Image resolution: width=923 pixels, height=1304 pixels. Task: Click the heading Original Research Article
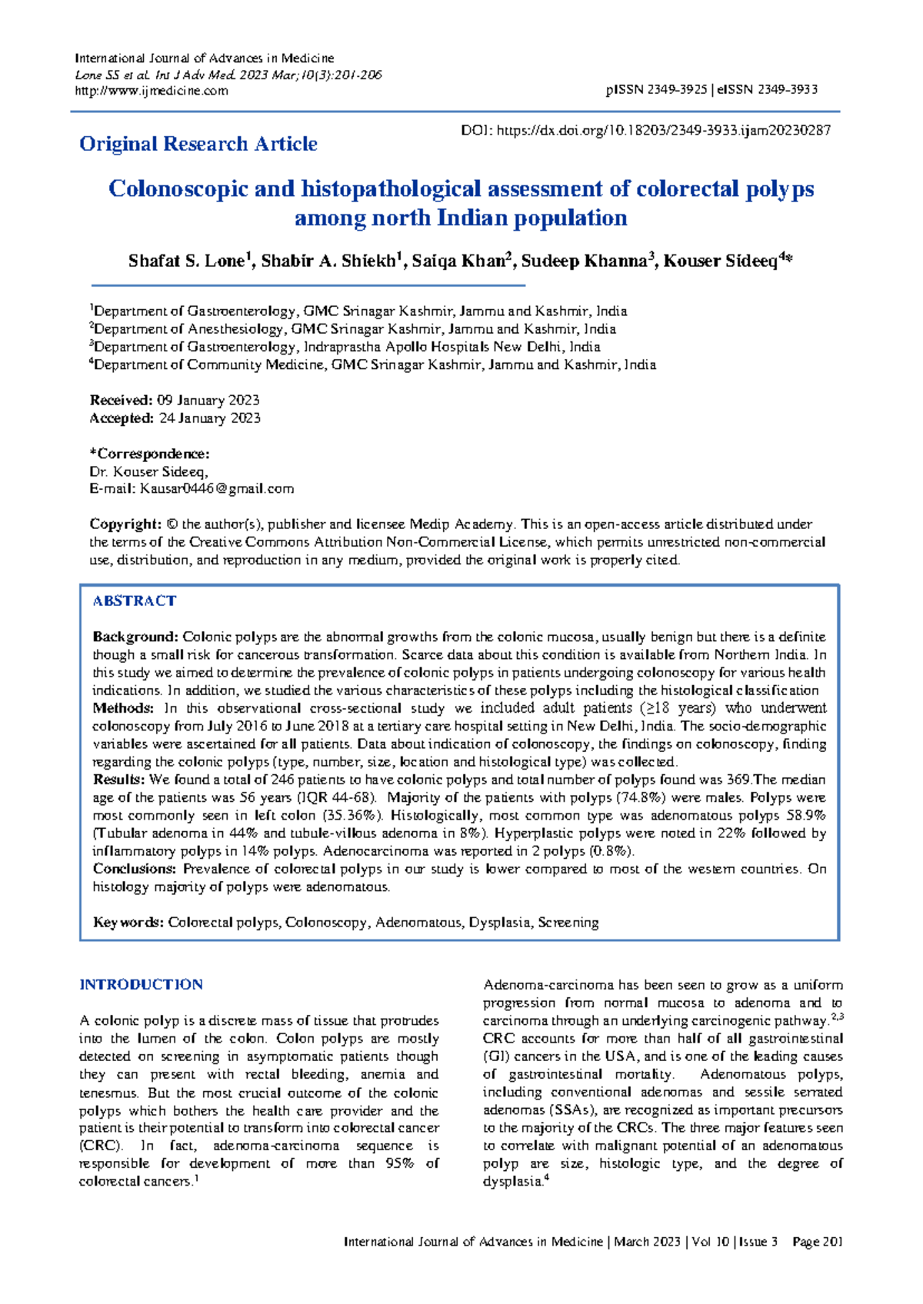(x=198, y=144)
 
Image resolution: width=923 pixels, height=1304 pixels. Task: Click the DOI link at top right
(x=663, y=131)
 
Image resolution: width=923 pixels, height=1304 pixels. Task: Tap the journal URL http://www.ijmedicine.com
(x=151, y=91)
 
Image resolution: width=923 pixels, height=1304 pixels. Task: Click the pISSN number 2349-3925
(x=676, y=90)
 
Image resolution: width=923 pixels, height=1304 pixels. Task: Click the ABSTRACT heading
(x=135, y=601)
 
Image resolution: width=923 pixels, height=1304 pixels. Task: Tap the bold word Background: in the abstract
(x=135, y=637)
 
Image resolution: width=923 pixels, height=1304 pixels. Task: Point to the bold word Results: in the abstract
(x=119, y=780)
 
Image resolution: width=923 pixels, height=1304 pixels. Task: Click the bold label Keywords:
(x=128, y=922)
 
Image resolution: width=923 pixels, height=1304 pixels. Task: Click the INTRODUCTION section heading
(x=141, y=985)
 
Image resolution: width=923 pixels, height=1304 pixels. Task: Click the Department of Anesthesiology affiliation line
(x=354, y=329)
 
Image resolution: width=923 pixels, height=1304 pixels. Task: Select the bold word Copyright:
(x=125, y=524)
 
